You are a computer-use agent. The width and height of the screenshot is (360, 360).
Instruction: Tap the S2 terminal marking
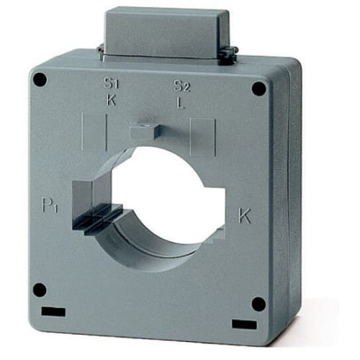(x=181, y=86)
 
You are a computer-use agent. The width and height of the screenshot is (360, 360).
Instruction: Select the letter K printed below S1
(x=111, y=100)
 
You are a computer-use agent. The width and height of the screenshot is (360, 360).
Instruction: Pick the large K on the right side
(x=245, y=215)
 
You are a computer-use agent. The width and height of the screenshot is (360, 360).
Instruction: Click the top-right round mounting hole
(x=258, y=89)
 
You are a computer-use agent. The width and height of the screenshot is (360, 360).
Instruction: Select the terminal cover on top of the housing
(x=166, y=32)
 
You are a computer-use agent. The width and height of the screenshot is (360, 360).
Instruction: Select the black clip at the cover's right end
(x=231, y=53)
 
